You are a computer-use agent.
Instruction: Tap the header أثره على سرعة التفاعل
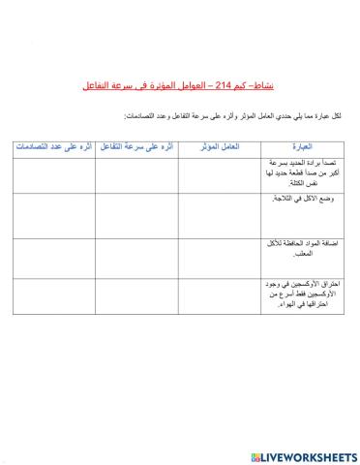coord(136,147)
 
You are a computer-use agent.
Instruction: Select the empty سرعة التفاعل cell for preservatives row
coord(136,257)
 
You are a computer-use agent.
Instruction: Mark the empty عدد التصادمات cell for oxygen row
coord(52,298)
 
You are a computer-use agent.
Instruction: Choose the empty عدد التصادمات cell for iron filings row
coord(52,174)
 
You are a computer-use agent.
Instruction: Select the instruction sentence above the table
coord(232,116)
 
